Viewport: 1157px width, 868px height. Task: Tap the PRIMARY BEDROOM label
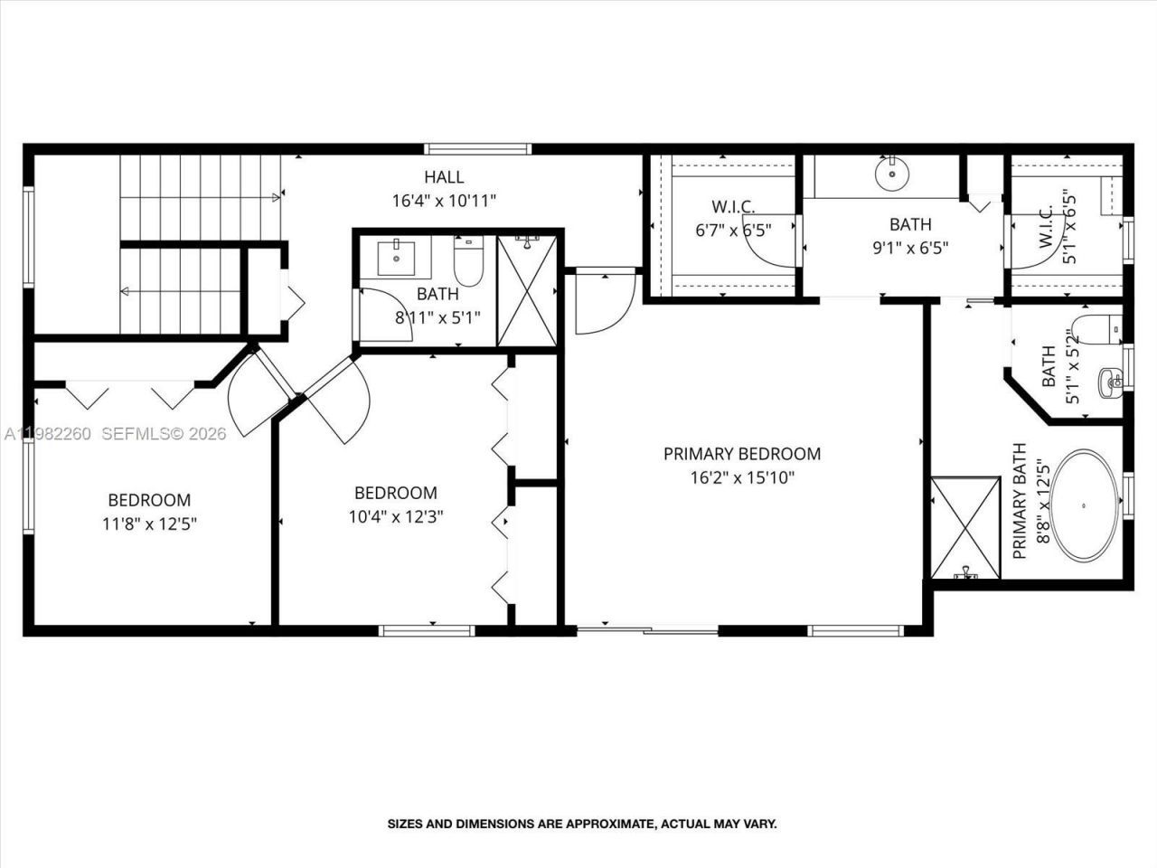[x=742, y=454]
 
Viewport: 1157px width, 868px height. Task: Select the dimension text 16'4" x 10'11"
[x=444, y=201]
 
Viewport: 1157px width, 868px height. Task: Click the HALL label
[x=444, y=177]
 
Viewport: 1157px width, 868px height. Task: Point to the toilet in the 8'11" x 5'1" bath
[x=468, y=262]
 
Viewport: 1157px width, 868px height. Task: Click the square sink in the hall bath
[x=397, y=259]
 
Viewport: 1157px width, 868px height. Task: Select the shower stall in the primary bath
[x=965, y=527]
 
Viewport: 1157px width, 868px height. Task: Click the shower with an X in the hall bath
[x=528, y=289]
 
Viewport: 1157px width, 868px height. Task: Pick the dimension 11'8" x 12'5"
[x=149, y=523]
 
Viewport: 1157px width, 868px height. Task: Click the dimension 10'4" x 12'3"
[x=395, y=516]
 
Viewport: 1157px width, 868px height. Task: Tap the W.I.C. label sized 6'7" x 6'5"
[x=732, y=208]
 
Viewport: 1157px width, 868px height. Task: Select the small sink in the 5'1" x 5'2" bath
[x=1110, y=381]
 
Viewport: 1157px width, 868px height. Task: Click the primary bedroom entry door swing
[x=597, y=303]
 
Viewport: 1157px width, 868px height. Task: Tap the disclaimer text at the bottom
[x=582, y=824]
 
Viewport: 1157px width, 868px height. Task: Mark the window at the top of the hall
[x=476, y=148]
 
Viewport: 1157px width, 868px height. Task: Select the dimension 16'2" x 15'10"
[x=742, y=477]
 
